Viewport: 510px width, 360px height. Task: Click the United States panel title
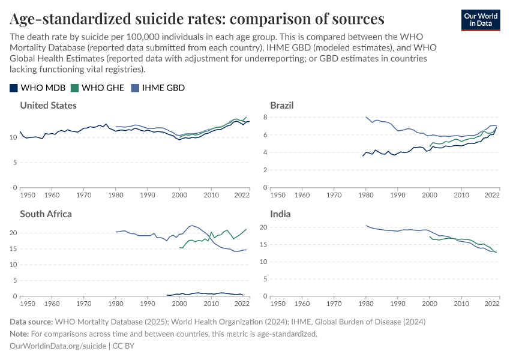pyautogui.click(x=48, y=105)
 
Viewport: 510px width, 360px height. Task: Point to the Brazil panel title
pyautogui.click(x=282, y=105)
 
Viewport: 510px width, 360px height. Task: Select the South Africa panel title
pyautogui.click(x=46, y=214)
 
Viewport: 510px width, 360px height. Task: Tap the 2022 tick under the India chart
pyautogui.click(x=493, y=304)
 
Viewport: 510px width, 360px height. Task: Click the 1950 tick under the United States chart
pyautogui.click(x=28, y=195)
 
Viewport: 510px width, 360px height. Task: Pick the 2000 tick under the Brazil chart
pyautogui.click(x=430, y=195)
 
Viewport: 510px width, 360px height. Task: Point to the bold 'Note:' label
pyautogui.click(x=21, y=334)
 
